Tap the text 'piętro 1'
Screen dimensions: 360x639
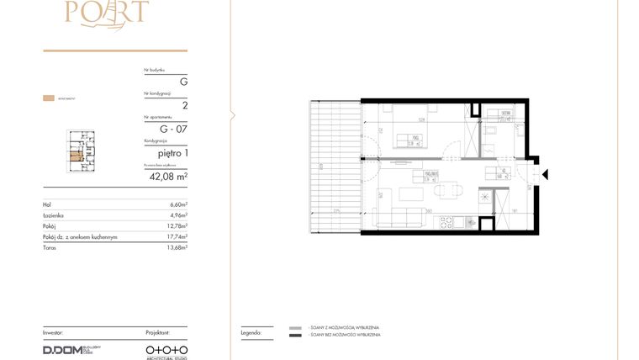(173, 153)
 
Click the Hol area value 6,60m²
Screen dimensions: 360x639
(177, 204)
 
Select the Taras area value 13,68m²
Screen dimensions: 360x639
(176, 247)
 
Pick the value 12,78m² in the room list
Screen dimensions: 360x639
(176, 226)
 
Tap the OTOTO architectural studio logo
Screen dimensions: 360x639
(166, 349)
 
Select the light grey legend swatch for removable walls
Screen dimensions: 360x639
(295, 327)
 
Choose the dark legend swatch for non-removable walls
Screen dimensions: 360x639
(295, 336)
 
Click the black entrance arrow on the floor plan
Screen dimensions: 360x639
(545, 175)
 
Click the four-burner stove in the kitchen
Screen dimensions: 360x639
(446, 222)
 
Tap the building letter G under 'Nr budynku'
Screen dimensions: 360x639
(183, 82)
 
